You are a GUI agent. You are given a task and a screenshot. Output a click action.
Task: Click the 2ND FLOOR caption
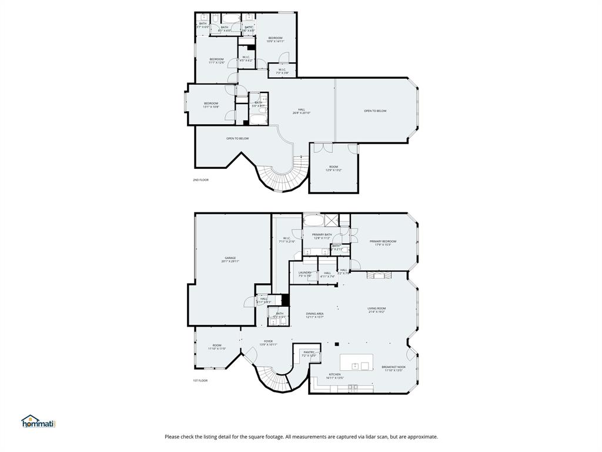pyautogui.click(x=200, y=180)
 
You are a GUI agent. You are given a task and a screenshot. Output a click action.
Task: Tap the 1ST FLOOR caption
pyautogui.click(x=200, y=381)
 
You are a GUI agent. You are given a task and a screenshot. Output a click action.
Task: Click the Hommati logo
pyautogui.click(x=38, y=421)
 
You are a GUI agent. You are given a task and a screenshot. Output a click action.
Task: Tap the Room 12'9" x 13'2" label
pyautogui.click(x=333, y=168)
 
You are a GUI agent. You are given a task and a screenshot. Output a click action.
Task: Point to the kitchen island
pyautogui.click(x=357, y=362)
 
